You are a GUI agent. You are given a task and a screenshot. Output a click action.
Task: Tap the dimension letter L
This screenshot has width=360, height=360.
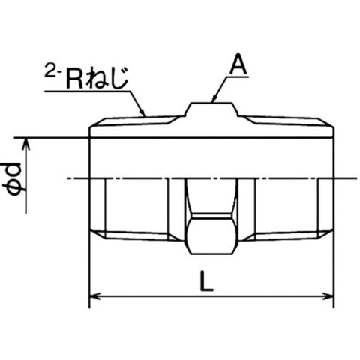coord(206,281)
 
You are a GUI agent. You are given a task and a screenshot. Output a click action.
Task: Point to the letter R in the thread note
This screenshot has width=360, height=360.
coord(75,78)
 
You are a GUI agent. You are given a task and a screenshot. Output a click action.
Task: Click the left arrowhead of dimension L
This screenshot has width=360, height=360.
coord(94,297)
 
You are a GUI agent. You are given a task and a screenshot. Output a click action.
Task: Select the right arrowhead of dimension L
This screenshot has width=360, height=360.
coord(328,297)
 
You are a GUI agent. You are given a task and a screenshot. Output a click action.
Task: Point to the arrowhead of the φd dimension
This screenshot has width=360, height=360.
coord(26,144)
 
